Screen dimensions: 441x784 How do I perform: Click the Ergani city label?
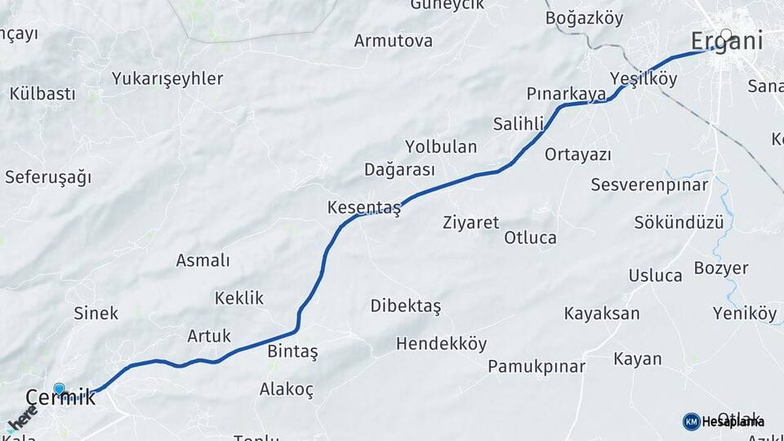click(727, 41)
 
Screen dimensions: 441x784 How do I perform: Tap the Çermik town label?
click(60, 399)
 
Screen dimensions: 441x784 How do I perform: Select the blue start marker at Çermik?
click(59, 390)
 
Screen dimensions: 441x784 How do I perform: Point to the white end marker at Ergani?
click(726, 35)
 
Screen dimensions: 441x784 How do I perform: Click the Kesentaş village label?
click(364, 207)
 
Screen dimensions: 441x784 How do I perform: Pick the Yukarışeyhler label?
click(167, 79)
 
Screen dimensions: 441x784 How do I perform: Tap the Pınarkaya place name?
click(567, 94)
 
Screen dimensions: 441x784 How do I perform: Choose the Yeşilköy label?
click(644, 79)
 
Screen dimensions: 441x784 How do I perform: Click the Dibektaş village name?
click(405, 305)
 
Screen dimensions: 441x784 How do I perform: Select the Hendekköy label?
click(441, 344)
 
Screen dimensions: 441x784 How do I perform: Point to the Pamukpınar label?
click(537, 366)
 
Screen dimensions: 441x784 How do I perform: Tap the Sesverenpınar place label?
click(649, 185)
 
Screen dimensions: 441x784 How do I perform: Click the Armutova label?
click(394, 41)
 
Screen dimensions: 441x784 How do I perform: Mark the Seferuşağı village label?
click(48, 177)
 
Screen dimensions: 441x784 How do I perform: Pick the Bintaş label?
click(292, 352)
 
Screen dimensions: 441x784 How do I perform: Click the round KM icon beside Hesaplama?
click(691, 421)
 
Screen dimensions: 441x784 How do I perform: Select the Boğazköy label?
click(584, 18)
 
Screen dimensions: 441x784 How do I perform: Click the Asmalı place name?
click(203, 261)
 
